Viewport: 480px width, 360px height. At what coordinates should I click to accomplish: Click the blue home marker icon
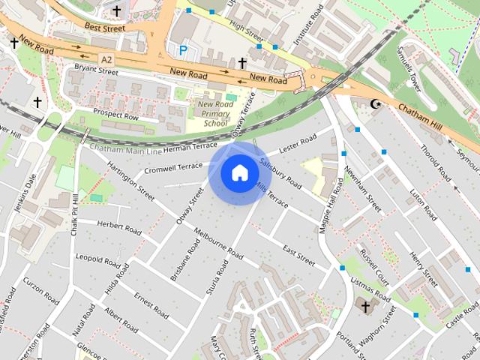pyautogui.click(x=238, y=173)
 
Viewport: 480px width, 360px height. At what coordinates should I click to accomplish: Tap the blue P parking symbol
pyautogui.click(x=183, y=50)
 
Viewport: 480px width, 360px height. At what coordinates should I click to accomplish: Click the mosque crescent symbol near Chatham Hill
pyautogui.click(x=376, y=103)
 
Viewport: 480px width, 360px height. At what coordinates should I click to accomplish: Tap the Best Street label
pyautogui.click(x=104, y=28)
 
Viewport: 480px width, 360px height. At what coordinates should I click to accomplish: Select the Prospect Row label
pyautogui.click(x=115, y=114)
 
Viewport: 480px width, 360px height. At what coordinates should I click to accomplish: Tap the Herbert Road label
pyautogui.click(x=119, y=228)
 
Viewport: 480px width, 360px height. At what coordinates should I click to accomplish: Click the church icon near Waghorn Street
pyautogui.click(x=365, y=306)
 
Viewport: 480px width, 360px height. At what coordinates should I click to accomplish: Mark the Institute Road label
pyautogui.click(x=307, y=23)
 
